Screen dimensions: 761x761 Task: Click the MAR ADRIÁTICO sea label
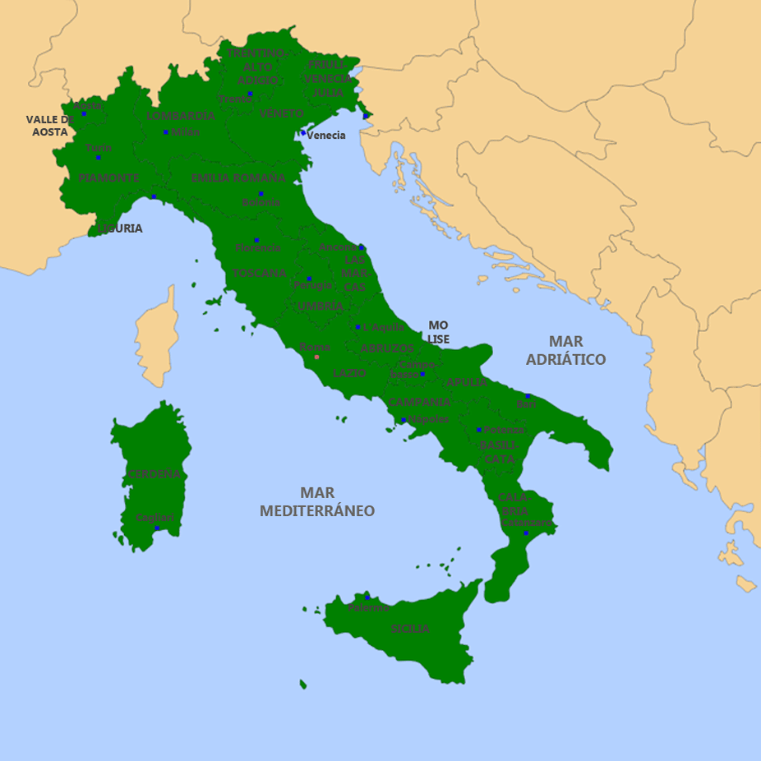click(x=565, y=350)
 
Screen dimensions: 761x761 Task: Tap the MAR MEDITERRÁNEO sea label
click(x=317, y=501)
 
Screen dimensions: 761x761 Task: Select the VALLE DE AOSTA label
click(x=49, y=125)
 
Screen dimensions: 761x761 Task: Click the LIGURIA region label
click(x=120, y=228)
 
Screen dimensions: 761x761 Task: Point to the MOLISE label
click(x=438, y=332)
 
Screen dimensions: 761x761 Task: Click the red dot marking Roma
click(x=316, y=357)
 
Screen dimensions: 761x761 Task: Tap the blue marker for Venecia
click(x=302, y=132)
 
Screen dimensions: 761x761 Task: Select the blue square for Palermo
click(x=367, y=597)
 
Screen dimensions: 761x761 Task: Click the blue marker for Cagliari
click(x=157, y=528)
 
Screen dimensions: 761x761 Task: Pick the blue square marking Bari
click(x=528, y=396)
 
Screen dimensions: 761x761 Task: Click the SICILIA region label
click(x=410, y=629)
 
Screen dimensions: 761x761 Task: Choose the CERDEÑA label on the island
click(x=154, y=473)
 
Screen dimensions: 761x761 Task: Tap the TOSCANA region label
click(x=259, y=273)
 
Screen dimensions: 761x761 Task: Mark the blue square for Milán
click(x=165, y=132)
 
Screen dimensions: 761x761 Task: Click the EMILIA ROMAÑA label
click(x=238, y=178)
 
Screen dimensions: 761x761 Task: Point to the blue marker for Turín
click(x=98, y=157)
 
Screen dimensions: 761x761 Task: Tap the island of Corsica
click(x=158, y=337)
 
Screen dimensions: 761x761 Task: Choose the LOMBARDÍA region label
click(x=181, y=116)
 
